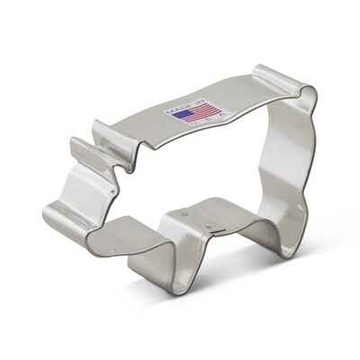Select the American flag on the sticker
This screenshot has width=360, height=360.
(180, 112)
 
